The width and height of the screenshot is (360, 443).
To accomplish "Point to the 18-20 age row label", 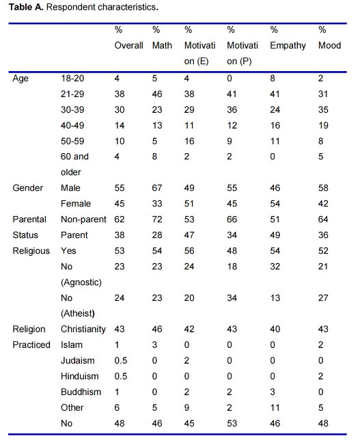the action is point(72,78).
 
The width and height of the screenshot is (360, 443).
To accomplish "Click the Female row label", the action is point(76,204).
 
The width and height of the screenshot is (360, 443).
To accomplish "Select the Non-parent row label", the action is point(83,219).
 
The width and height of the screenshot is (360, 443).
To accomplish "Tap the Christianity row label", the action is point(83,330).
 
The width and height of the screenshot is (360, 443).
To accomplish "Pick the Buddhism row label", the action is point(81,392).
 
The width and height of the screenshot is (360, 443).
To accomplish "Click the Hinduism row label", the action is point(80,376).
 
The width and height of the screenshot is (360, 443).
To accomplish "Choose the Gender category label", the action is point(28,188).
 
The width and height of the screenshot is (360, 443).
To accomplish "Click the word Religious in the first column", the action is point(31,251).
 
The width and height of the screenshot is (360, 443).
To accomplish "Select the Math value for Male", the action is point(157,188).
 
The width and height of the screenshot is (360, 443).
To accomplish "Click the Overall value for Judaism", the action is point(120,360).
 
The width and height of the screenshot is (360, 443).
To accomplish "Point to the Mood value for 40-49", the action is point(323,125).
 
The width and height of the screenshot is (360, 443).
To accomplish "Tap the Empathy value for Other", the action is point(275,407).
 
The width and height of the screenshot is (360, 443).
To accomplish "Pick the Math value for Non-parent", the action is point(157,219).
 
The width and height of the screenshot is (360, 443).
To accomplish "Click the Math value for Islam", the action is point(154,345).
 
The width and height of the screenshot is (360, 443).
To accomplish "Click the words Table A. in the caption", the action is point(26,7).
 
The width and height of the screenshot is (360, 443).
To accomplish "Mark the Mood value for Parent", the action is point(323,235).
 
